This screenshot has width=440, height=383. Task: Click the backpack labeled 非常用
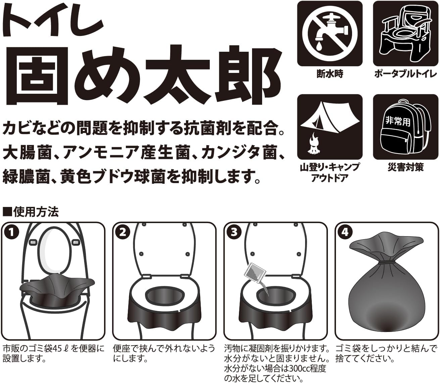[x=405, y=127]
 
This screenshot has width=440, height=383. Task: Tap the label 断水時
[x=330, y=74]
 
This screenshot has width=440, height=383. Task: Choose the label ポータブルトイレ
[x=405, y=74]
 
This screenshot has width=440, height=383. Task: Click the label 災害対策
[x=405, y=167]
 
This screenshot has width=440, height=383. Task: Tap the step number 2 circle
[x=123, y=232]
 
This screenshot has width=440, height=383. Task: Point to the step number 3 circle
[x=234, y=232]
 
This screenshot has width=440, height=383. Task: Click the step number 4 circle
[x=345, y=232]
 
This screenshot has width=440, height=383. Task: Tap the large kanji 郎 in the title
[x=244, y=74]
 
